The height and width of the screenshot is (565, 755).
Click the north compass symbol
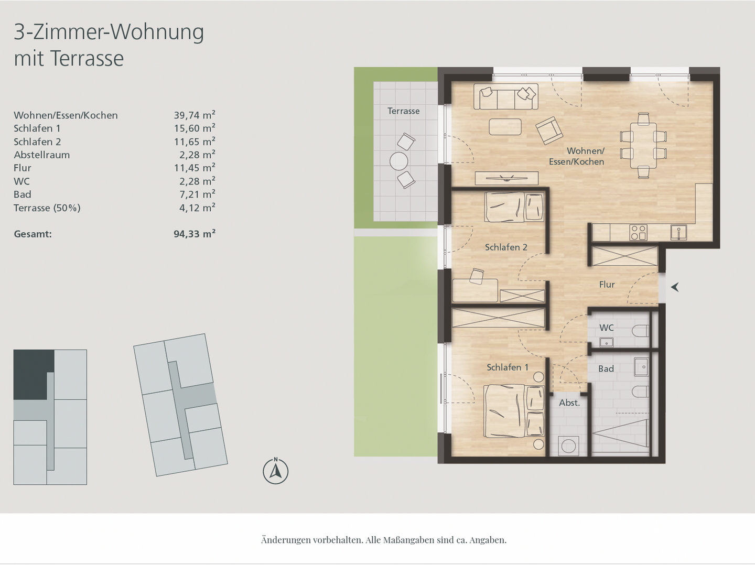[x=275, y=471]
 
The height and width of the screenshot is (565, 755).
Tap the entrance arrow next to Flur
[x=675, y=287]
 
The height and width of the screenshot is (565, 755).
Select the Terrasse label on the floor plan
[x=403, y=111]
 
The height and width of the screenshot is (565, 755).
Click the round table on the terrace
[x=398, y=160]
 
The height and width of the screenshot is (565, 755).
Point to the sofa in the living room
[x=505, y=97]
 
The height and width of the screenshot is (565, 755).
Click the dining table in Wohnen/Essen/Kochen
[x=643, y=145]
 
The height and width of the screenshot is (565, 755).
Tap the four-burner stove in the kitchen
[x=638, y=232]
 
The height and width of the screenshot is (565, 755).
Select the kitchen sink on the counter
[x=678, y=232]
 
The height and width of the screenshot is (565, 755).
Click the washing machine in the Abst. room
[x=568, y=446]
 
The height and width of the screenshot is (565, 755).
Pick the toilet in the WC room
[x=641, y=332]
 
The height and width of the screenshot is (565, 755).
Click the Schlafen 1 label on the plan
[x=507, y=367]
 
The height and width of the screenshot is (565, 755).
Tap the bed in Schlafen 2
[x=514, y=207]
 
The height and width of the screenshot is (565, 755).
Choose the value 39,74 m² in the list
[x=194, y=115]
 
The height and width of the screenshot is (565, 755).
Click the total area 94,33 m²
[x=194, y=234]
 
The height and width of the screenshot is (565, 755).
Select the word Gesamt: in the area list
[x=33, y=234]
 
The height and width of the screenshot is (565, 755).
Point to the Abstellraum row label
[x=41, y=155]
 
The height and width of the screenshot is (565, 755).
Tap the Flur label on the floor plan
[x=607, y=285]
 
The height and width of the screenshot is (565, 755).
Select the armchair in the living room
[x=548, y=129]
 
